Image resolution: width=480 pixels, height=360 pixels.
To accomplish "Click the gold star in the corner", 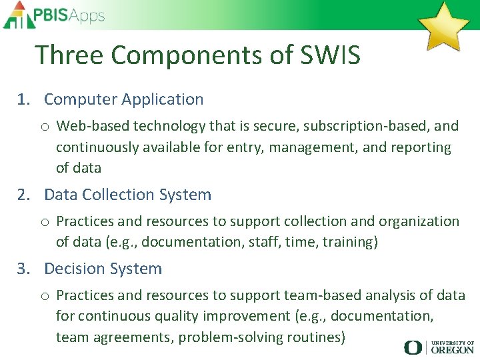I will [x=443, y=26].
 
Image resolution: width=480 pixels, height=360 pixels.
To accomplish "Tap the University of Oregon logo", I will [x=439, y=347].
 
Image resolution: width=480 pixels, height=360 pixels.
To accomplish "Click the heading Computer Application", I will [x=123, y=99].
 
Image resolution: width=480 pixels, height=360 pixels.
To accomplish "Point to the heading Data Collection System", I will [x=127, y=195].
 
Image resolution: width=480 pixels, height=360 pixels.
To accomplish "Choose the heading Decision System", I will [x=103, y=269].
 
